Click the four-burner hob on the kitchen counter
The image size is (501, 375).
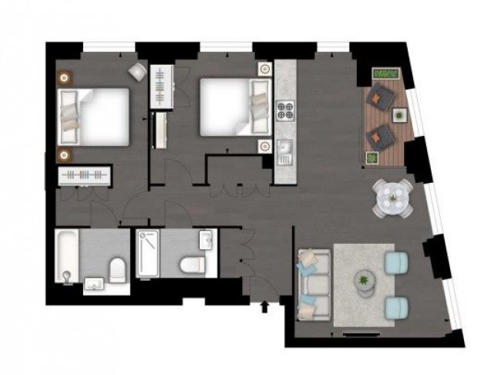click(x=286, y=110)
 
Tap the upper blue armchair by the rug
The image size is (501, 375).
click(x=398, y=262)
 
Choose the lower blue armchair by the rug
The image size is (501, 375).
click(x=398, y=308)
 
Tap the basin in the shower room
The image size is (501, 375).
click(x=205, y=239)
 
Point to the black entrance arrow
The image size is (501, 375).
click(x=267, y=308)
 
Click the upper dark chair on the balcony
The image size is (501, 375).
click(x=380, y=96)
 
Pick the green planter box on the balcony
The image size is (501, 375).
click(x=385, y=73)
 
